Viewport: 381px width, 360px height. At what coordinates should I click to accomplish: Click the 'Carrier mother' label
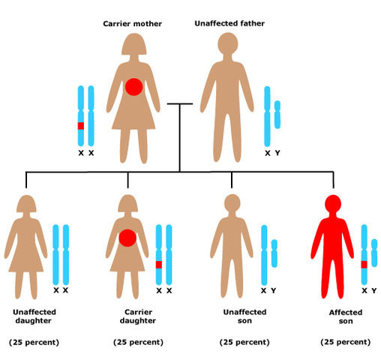(133, 23)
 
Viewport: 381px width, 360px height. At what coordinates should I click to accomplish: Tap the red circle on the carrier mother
(133, 86)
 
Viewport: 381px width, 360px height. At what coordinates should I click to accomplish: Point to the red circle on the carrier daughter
(128, 238)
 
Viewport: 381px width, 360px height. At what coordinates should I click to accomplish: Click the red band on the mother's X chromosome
(81, 126)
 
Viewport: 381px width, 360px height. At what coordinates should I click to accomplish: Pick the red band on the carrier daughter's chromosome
(158, 264)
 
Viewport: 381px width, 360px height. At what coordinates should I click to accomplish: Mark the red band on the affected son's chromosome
(364, 264)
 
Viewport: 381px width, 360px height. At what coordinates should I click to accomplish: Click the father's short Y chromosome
(277, 115)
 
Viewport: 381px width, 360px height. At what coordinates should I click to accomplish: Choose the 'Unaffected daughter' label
(34, 316)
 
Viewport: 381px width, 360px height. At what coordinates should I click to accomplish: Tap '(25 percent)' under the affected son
(344, 342)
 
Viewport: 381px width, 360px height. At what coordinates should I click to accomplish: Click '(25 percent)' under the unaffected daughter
(34, 342)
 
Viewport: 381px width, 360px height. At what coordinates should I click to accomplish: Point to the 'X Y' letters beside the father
(273, 153)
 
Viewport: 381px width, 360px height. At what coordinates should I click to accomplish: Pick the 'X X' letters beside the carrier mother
(85, 153)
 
